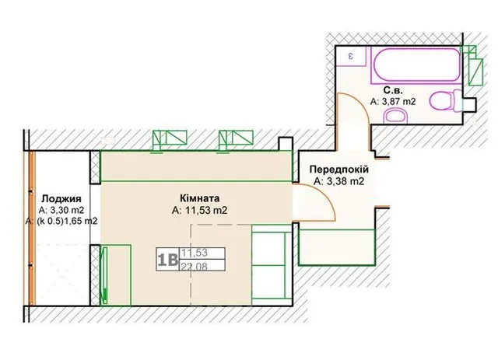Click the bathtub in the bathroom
(x=416, y=65)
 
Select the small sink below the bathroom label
(x=395, y=116)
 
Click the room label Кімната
(x=199, y=198)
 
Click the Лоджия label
(x=61, y=199)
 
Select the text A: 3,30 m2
(x=61, y=210)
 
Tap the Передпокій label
(x=339, y=170)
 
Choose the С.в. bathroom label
(x=393, y=90)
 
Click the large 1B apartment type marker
(x=167, y=260)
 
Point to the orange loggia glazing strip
(x=31, y=228)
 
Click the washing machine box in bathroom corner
(x=352, y=56)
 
